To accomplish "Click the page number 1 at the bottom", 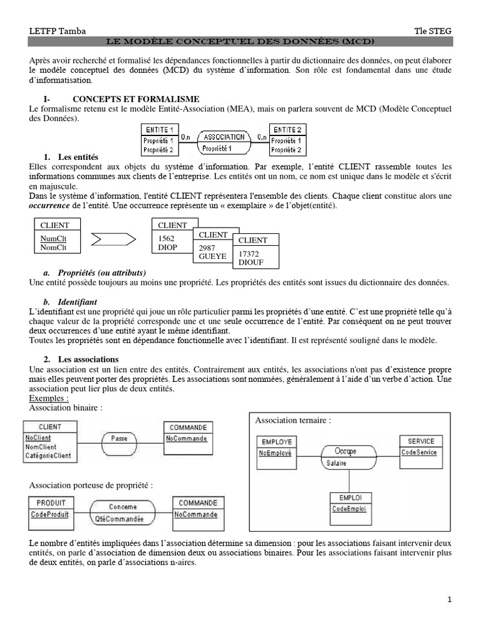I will [x=449, y=600].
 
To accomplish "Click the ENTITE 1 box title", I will [x=159, y=129].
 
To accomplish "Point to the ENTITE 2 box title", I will [x=287, y=129].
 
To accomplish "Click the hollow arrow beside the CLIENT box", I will [x=113, y=238].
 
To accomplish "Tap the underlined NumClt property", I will [x=53, y=239].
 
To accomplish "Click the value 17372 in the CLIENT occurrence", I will [x=249, y=253].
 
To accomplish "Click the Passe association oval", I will [x=119, y=438].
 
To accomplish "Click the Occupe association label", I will [x=345, y=451].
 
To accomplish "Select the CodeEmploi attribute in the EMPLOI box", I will [x=349, y=508].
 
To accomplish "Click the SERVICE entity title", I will [x=421, y=441].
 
